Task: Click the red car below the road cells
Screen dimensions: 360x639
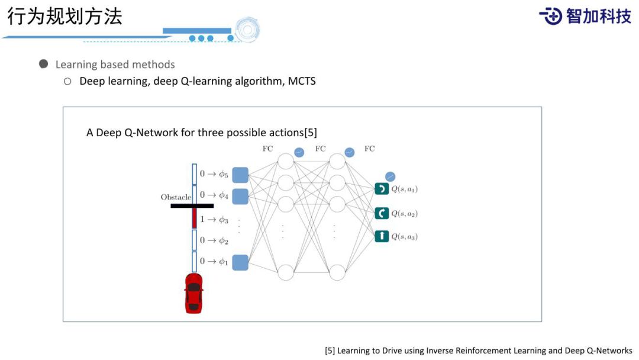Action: [x=193, y=293]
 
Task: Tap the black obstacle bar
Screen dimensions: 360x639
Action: [x=192, y=206]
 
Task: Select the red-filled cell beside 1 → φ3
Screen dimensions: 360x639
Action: [x=194, y=218]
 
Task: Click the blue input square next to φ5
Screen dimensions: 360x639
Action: [x=240, y=175]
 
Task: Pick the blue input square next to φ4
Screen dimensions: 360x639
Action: [x=240, y=196]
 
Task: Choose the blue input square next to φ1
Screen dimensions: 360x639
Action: [x=240, y=262]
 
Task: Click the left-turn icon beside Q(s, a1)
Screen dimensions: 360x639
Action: [x=382, y=189]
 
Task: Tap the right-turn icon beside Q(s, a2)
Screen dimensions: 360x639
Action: [x=382, y=213]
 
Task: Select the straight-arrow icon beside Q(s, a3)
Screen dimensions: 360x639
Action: [x=382, y=236]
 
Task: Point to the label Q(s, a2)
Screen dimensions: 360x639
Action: [x=405, y=214]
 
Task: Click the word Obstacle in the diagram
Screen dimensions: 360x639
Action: [x=176, y=197]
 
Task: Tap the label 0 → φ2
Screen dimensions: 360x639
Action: [x=214, y=240]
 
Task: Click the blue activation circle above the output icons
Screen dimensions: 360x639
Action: [x=390, y=176]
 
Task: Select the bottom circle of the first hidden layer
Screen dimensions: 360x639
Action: [x=286, y=272]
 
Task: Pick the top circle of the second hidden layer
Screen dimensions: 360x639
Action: [x=337, y=162]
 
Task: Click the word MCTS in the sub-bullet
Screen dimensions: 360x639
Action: [x=302, y=81]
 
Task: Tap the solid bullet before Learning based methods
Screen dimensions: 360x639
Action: [x=44, y=64]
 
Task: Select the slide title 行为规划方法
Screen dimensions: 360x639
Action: [x=64, y=16]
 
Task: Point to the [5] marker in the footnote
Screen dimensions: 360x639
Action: [x=330, y=351]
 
